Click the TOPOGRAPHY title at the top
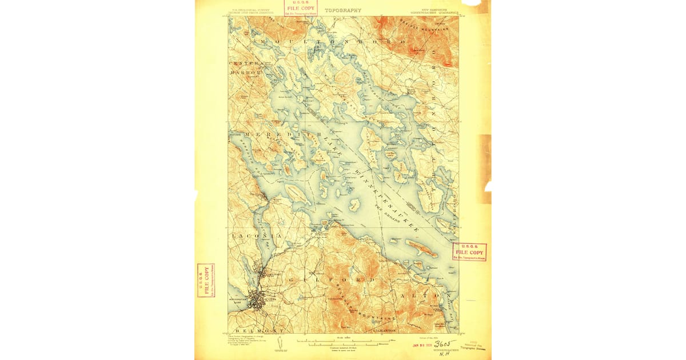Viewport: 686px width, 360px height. (343, 10)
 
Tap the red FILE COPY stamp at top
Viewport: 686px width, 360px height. (301, 7)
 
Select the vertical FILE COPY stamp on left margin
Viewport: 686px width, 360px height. (205, 281)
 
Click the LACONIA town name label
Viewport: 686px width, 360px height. (249, 235)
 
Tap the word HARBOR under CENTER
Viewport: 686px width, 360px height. (245, 73)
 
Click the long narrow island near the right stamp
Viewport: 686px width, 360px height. (421, 247)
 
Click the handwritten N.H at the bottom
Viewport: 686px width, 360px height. (442, 353)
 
